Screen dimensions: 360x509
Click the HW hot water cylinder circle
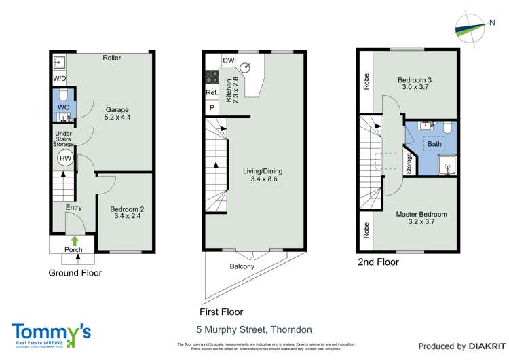(64, 159)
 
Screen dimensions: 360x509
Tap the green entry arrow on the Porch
(73, 240)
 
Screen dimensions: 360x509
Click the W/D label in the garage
(60, 79)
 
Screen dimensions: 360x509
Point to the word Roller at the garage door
(112, 58)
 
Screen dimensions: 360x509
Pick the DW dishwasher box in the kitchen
(228, 60)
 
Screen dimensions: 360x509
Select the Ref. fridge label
(211, 93)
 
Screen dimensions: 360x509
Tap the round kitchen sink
(248, 67)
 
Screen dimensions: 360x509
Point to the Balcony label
(242, 266)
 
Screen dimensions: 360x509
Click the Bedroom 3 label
(414, 84)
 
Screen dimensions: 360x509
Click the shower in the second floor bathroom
(448, 164)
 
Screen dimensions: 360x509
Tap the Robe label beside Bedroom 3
(366, 82)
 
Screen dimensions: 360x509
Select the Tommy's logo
(51, 333)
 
